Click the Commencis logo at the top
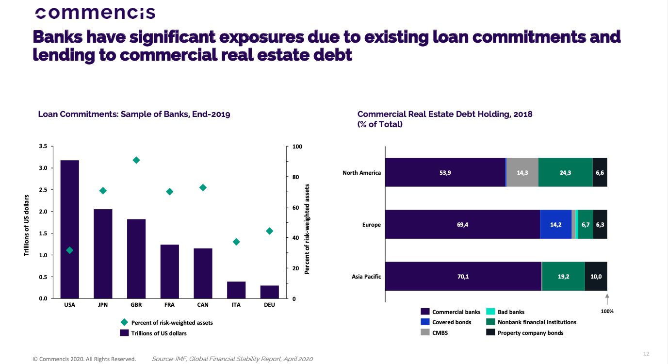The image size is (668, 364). pyautogui.click(x=96, y=13)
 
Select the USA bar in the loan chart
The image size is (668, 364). pyautogui.click(x=69, y=229)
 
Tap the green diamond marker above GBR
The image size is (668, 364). pyautogui.click(x=136, y=160)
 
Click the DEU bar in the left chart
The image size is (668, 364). pyautogui.click(x=269, y=292)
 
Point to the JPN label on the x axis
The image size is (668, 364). pyautogui.click(x=103, y=305)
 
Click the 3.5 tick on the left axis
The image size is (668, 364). pyautogui.click(x=43, y=147)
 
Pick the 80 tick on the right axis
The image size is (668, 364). pyautogui.click(x=296, y=177)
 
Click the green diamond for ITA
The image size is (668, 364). pyautogui.click(x=236, y=242)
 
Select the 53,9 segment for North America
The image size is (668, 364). pyautogui.click(x=445, y=172)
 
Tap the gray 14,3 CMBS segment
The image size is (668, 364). pyautogui.click(x=522, y=172)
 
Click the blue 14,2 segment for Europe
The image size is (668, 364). pyautogui.click(x=555, y=224)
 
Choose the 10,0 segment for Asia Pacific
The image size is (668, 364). pyautogui.click(x=596, y=276)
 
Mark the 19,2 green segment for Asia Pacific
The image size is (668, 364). pyautogui.click(x=563, y=276)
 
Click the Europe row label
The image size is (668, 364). pyautogui.click(x=371, y=225)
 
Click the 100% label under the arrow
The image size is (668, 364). pyautogui.click(x=607, y=312)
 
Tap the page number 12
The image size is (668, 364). pyautogui.click(x=646, y=354)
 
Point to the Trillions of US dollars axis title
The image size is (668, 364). pyautogui.click(x=27, y=225)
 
